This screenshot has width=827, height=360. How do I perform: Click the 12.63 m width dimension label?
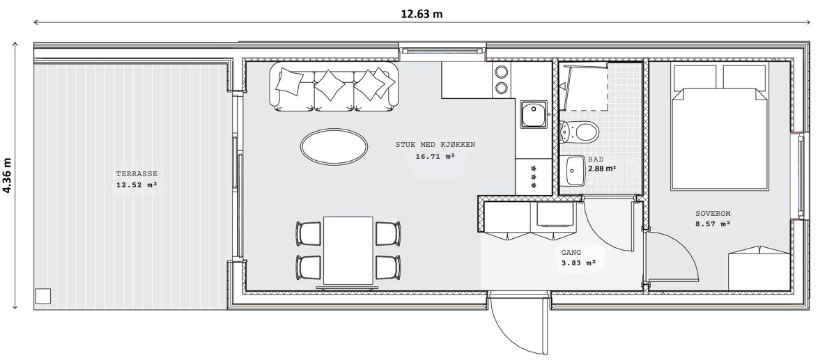[422, 14]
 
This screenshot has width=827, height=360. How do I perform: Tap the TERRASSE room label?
[137, 174]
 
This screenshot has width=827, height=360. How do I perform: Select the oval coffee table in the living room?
[334, 146]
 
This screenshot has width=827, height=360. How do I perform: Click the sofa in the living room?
[334, 87]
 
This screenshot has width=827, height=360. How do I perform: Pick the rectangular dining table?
[348, 251]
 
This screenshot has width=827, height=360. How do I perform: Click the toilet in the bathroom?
[579, 131]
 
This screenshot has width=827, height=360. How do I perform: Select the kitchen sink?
[534, 114]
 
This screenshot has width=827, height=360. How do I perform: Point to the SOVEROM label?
[713, 214]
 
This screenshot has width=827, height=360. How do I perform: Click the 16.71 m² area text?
[435, 156]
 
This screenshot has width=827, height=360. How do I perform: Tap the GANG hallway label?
[571, 253]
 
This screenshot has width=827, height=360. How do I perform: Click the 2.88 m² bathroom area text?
[602, 169]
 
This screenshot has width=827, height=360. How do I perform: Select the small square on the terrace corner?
[42, 296]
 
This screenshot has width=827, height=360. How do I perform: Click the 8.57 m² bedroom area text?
[713, 224]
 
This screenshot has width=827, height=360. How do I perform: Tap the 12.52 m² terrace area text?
[137, 185]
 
